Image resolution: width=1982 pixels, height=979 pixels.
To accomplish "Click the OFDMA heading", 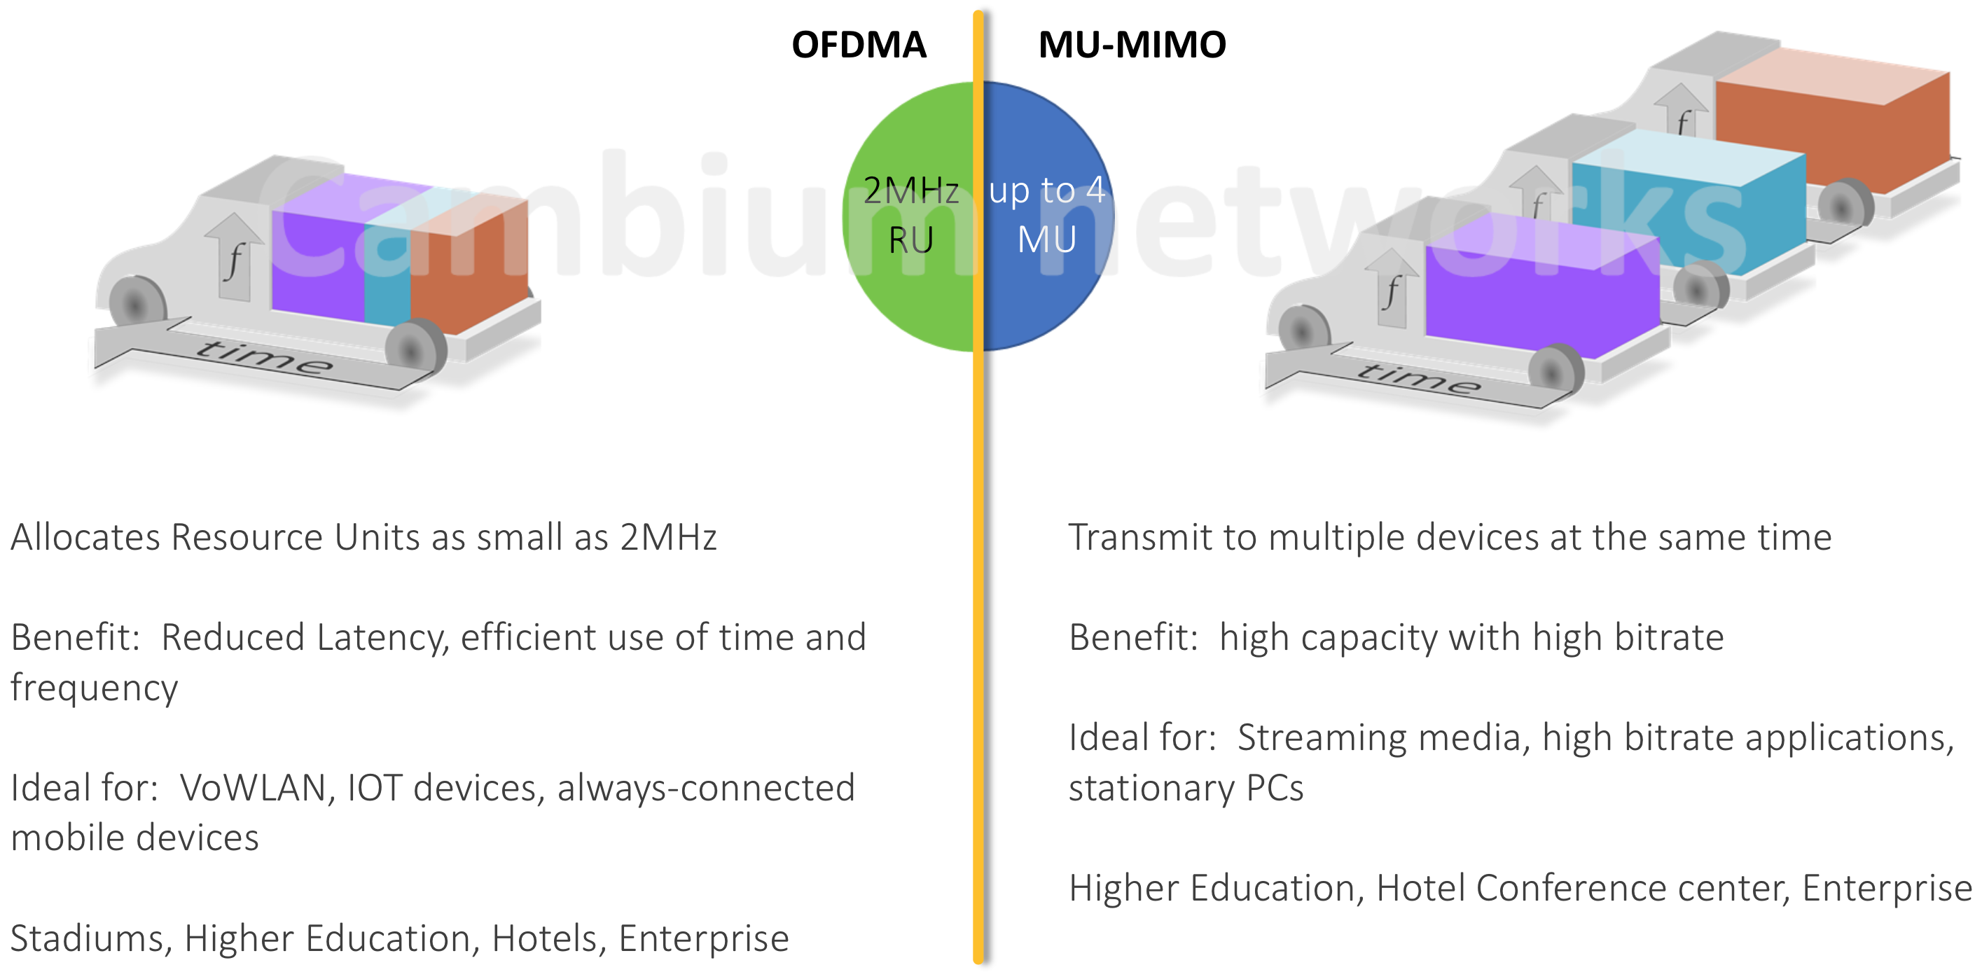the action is pyautogui.click(x=859, y=45).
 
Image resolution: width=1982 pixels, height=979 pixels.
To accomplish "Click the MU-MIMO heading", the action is pyautogui.click(x=1132, y=45).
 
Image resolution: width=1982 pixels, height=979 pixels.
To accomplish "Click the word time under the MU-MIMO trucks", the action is pyautogui.click(x=1418, y=377).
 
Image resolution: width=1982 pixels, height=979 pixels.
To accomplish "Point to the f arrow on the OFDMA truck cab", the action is pyautogui.click(x=235, y=258).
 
